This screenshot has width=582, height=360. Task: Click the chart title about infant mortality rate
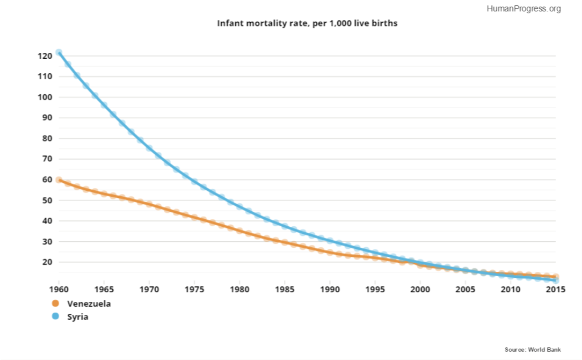point(307,23)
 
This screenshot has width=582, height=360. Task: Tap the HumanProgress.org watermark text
point(524,8)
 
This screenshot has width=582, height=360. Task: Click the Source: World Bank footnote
point(533,349)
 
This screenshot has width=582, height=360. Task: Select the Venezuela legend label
point(89,304)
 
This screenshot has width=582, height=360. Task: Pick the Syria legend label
point(77,316)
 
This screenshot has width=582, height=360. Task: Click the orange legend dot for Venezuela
point(56,304)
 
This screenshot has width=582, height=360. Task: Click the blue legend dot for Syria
point(56,316)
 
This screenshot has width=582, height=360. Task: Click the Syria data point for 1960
point(59,52)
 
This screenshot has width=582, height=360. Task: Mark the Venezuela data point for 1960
point(59,180)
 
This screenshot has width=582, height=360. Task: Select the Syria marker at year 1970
point(149,148)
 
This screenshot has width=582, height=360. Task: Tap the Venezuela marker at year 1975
point(194,218)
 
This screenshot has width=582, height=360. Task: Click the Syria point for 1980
point(240,206)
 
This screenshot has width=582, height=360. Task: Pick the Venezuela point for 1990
point(330,253)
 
